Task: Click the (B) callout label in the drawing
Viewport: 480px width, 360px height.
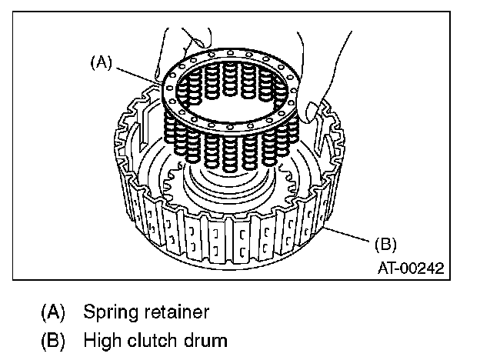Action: tap(385, 245)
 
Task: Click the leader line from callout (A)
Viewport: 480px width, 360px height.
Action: tap(135, 73)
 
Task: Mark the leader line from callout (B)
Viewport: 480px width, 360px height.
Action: tap(350, 235)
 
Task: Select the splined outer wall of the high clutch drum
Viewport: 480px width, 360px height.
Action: tap(231, 238)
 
